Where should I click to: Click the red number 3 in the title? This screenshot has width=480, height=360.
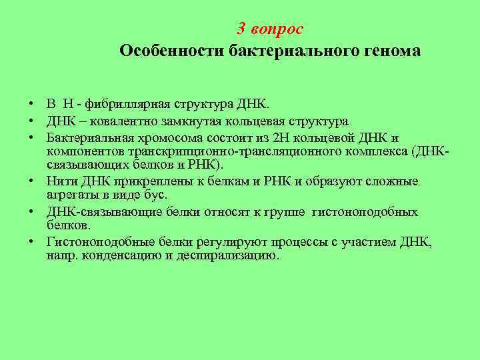(242, 29)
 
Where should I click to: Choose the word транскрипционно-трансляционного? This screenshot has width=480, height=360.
(227, 151)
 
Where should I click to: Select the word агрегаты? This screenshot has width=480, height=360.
(71, 195)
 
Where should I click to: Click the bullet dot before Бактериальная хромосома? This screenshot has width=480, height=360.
(31, 139)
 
